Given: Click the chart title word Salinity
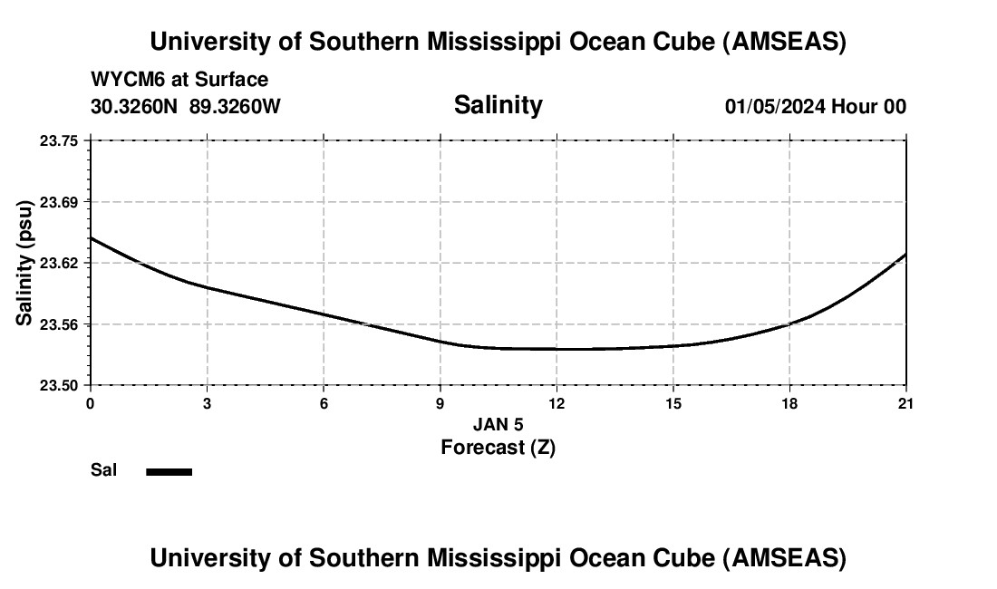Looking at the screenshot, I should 498,105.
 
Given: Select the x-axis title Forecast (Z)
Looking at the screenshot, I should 498,447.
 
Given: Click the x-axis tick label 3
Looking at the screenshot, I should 208,402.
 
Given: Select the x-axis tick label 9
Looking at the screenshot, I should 440,402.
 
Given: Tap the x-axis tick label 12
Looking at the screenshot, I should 557,402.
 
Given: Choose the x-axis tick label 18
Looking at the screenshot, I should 789,402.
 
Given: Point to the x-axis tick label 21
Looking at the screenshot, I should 905,402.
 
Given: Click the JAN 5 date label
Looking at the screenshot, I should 498,424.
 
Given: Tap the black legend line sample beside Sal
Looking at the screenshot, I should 169,471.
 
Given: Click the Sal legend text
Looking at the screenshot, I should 103,470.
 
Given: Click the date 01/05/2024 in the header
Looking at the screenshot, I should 775,107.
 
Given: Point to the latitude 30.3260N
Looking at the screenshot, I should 135,107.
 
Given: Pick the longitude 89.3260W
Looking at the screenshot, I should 235,107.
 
